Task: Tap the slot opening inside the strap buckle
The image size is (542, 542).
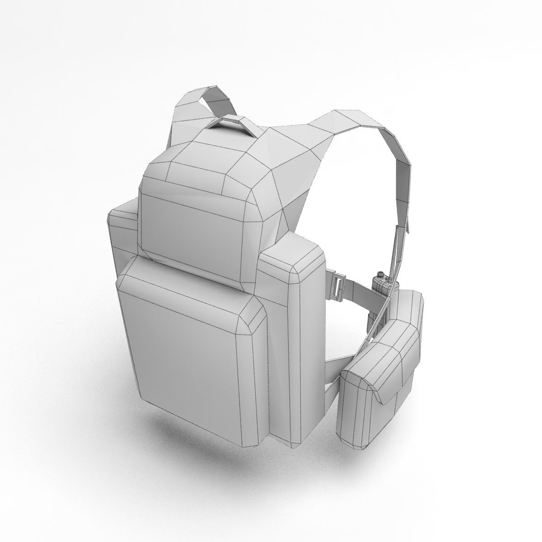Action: pos(337,285)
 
